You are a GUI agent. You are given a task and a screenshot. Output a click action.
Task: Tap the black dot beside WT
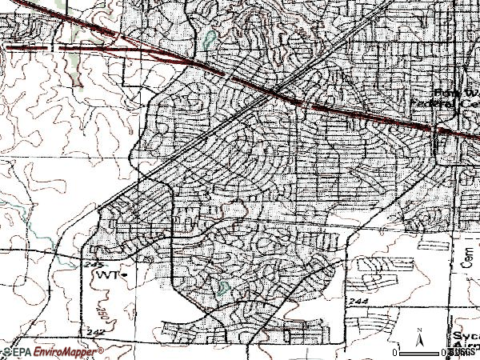pos(125,274)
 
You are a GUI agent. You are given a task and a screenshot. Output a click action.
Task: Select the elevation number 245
pos(94,262)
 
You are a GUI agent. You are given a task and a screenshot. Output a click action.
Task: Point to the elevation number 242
pos(96,330)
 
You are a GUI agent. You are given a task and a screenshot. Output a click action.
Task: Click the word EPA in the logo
pos(18,351)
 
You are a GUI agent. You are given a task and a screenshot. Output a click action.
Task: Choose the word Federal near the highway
pos(430,103)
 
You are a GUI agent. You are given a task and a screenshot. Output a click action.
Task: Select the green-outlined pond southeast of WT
pos(226,286)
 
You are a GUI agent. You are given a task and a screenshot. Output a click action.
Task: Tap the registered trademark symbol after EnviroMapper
pos(101,349)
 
